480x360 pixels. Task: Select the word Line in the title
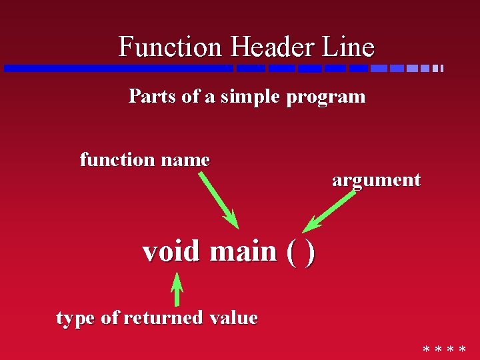coord(350,47)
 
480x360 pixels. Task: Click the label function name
coord(145,160)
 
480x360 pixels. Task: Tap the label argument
coord(376,181)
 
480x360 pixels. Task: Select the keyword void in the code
coord(171,251)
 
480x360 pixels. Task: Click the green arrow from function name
coord(218,199)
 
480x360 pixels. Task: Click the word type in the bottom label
coord(76,319)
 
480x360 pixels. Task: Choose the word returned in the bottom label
coord(163,318)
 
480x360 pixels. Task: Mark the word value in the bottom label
coord(233,318)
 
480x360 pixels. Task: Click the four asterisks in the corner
coord(444,350)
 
